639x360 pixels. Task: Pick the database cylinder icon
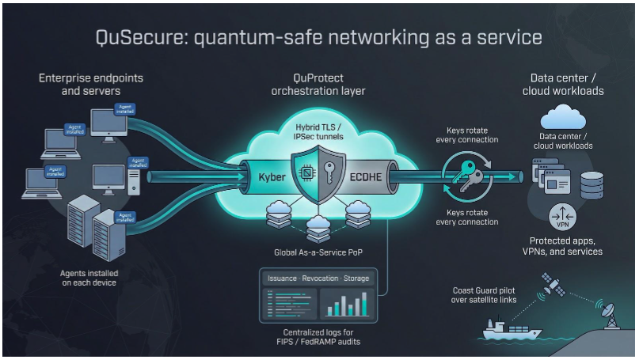coord(591,185)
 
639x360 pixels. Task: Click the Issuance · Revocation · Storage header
coord(318,279)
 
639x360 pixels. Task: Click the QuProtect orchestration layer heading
coord(318,85)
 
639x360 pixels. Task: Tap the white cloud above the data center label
coord(561,118)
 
